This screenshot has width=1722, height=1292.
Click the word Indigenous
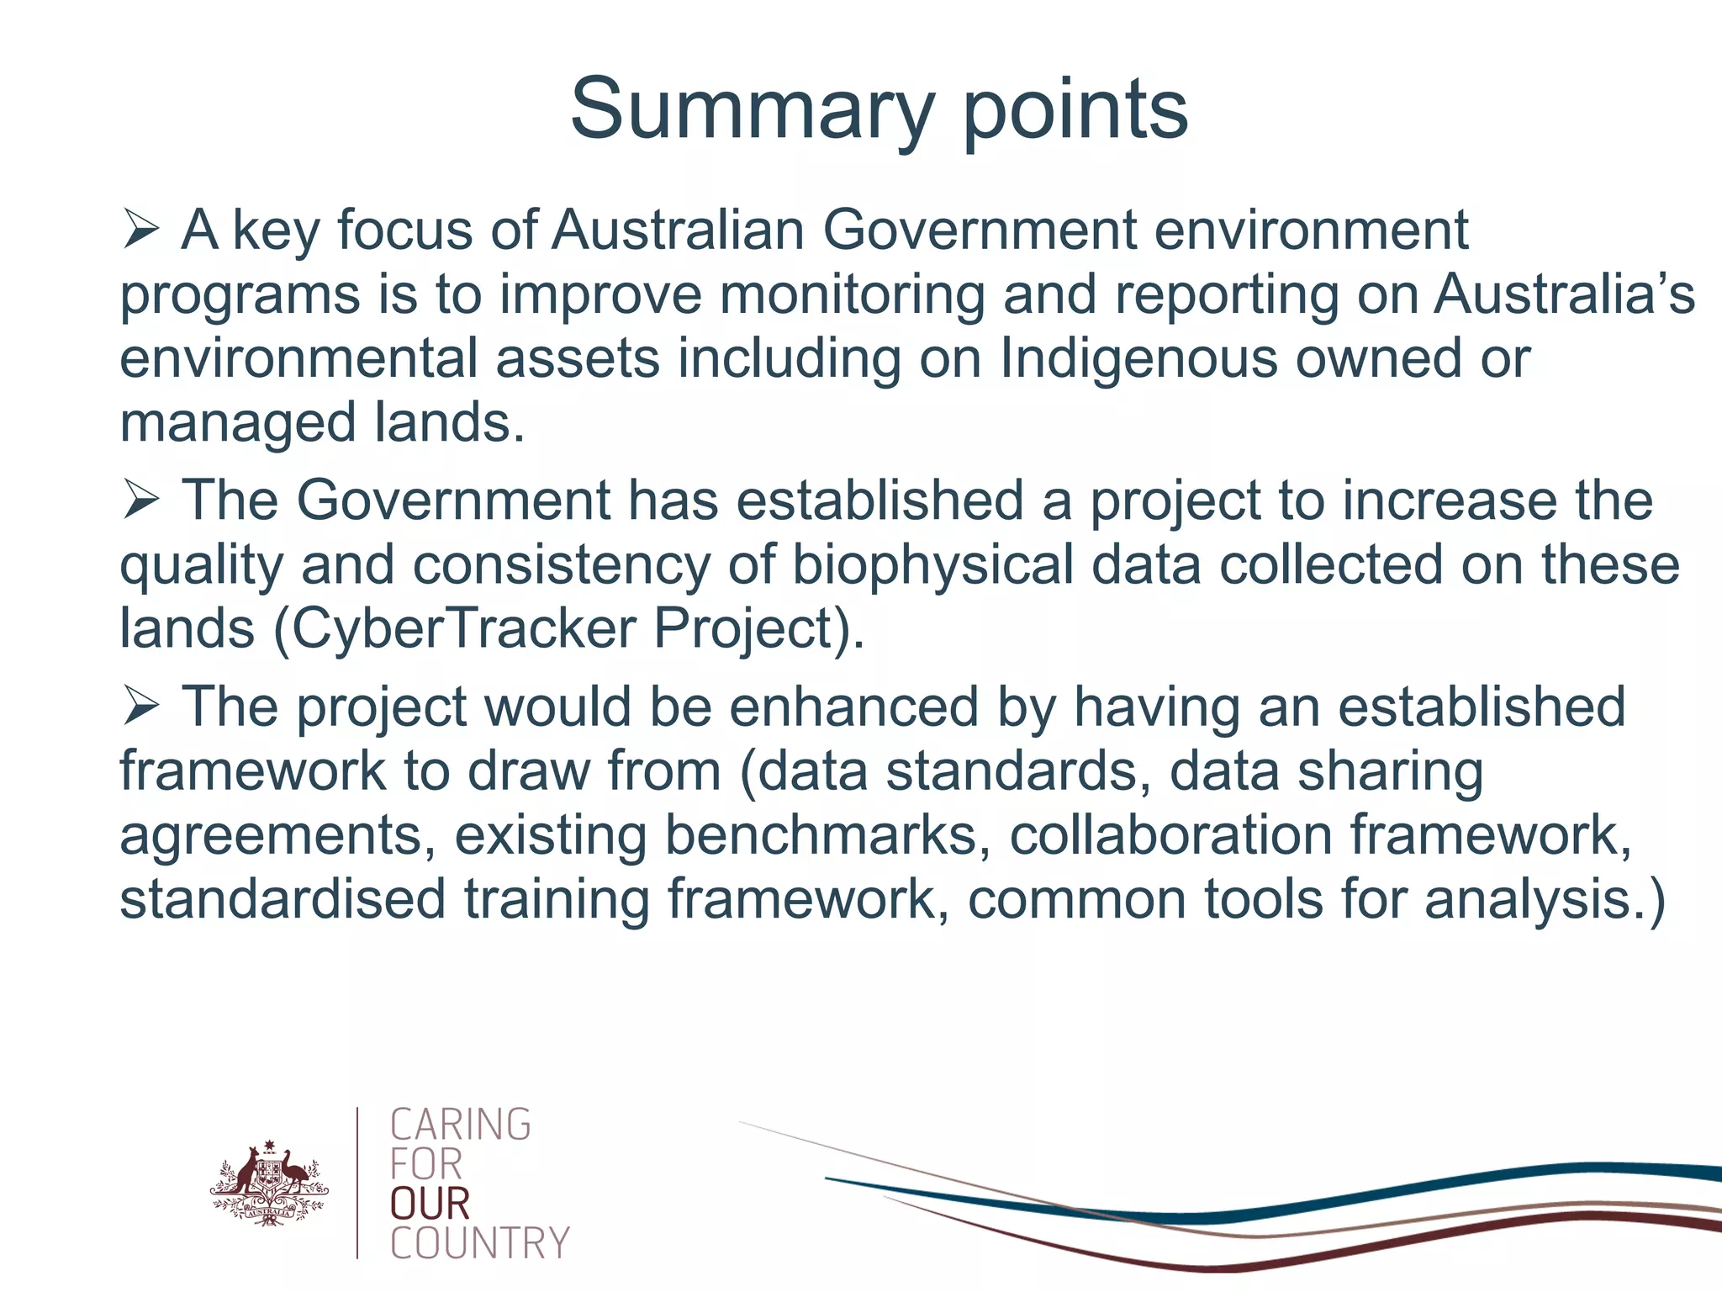1138,359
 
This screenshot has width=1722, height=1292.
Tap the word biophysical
932,564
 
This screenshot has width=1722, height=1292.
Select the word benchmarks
821,835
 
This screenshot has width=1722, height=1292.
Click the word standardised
283,899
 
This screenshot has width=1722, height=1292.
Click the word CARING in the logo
461,1125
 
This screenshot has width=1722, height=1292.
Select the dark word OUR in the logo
430,1204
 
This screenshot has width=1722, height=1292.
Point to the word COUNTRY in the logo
480,1243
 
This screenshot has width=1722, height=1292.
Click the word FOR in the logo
426,1165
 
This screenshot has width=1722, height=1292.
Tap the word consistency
561,564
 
